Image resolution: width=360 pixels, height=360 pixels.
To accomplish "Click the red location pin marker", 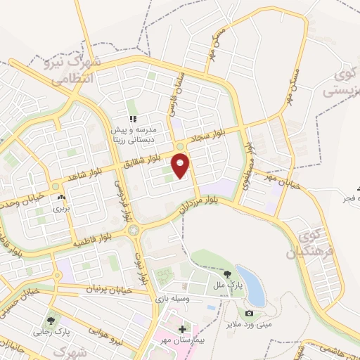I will [x=181, y=166].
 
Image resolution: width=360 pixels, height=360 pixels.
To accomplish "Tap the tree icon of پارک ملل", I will [x=227, y=275].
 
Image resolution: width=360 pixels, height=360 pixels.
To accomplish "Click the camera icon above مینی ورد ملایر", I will [x=249, y=313].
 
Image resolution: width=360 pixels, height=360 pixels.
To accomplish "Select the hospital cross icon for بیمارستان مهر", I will [x=183, y=329].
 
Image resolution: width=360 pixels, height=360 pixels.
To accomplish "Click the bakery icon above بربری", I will [x=61, y=198].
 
